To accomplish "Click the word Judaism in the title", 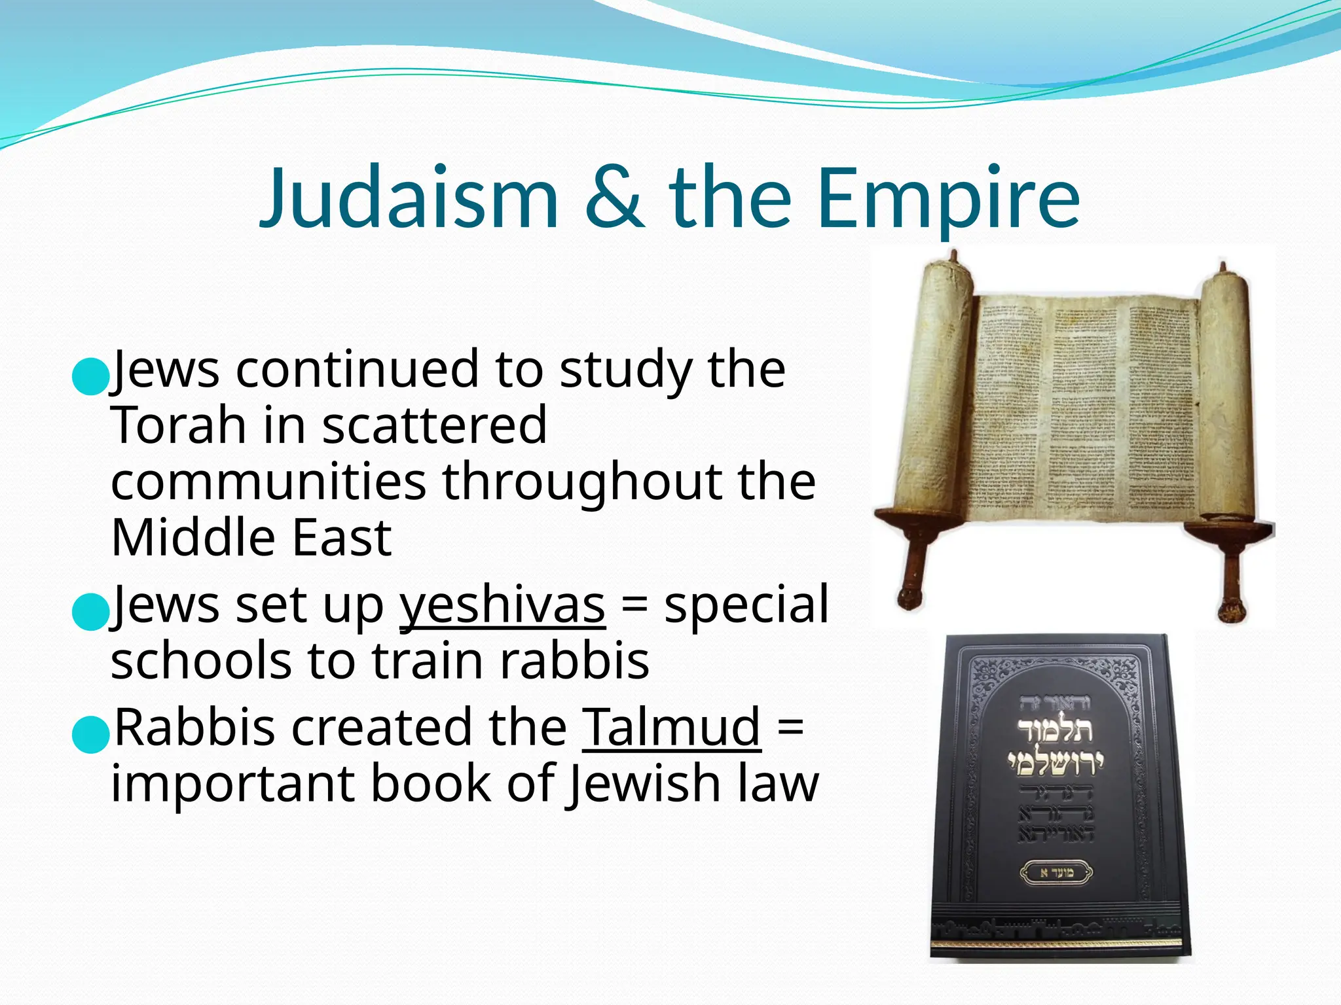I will pos(409,198).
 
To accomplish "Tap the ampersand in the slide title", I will pos(613,198).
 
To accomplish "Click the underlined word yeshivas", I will pos(502,605).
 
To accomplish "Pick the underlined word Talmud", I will pos(671,727).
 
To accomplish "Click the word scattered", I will pos(434,425).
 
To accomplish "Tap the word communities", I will pos(268,482).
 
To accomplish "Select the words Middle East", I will pos(251,538).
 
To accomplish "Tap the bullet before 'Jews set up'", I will pos(89,612).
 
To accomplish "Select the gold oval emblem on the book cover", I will pos(1056,872).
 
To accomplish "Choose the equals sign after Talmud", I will pos(790,728).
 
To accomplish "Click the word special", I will pos(746,605).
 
